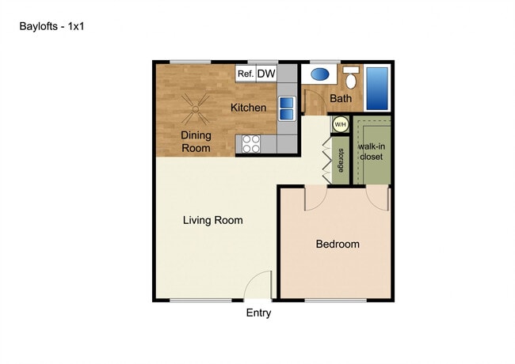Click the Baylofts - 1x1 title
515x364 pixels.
pos(51,26)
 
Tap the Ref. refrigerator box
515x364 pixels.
pos(246,74)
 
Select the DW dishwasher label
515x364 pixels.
pos(266,74)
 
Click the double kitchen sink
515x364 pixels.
pos(287,108)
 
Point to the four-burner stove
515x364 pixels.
pos(251,144)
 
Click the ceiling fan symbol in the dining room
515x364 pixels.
pos(196,109)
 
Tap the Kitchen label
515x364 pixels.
pos(248,108)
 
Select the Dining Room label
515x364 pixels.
pos(196,142)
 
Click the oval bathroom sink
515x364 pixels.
pos(320,74)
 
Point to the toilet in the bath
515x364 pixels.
pos(351,78)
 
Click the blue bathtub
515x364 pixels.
pos(377,89)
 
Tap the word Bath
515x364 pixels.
pos(341,98)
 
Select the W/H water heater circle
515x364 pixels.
pos(340,124)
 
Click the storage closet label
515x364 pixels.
pos(341,161)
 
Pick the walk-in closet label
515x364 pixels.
pos(372,151)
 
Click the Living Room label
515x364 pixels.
pos(213,220)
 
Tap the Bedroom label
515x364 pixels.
pos(338,244)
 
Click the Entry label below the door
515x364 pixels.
pos(258,313)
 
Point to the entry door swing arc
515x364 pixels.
pos(254,279)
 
